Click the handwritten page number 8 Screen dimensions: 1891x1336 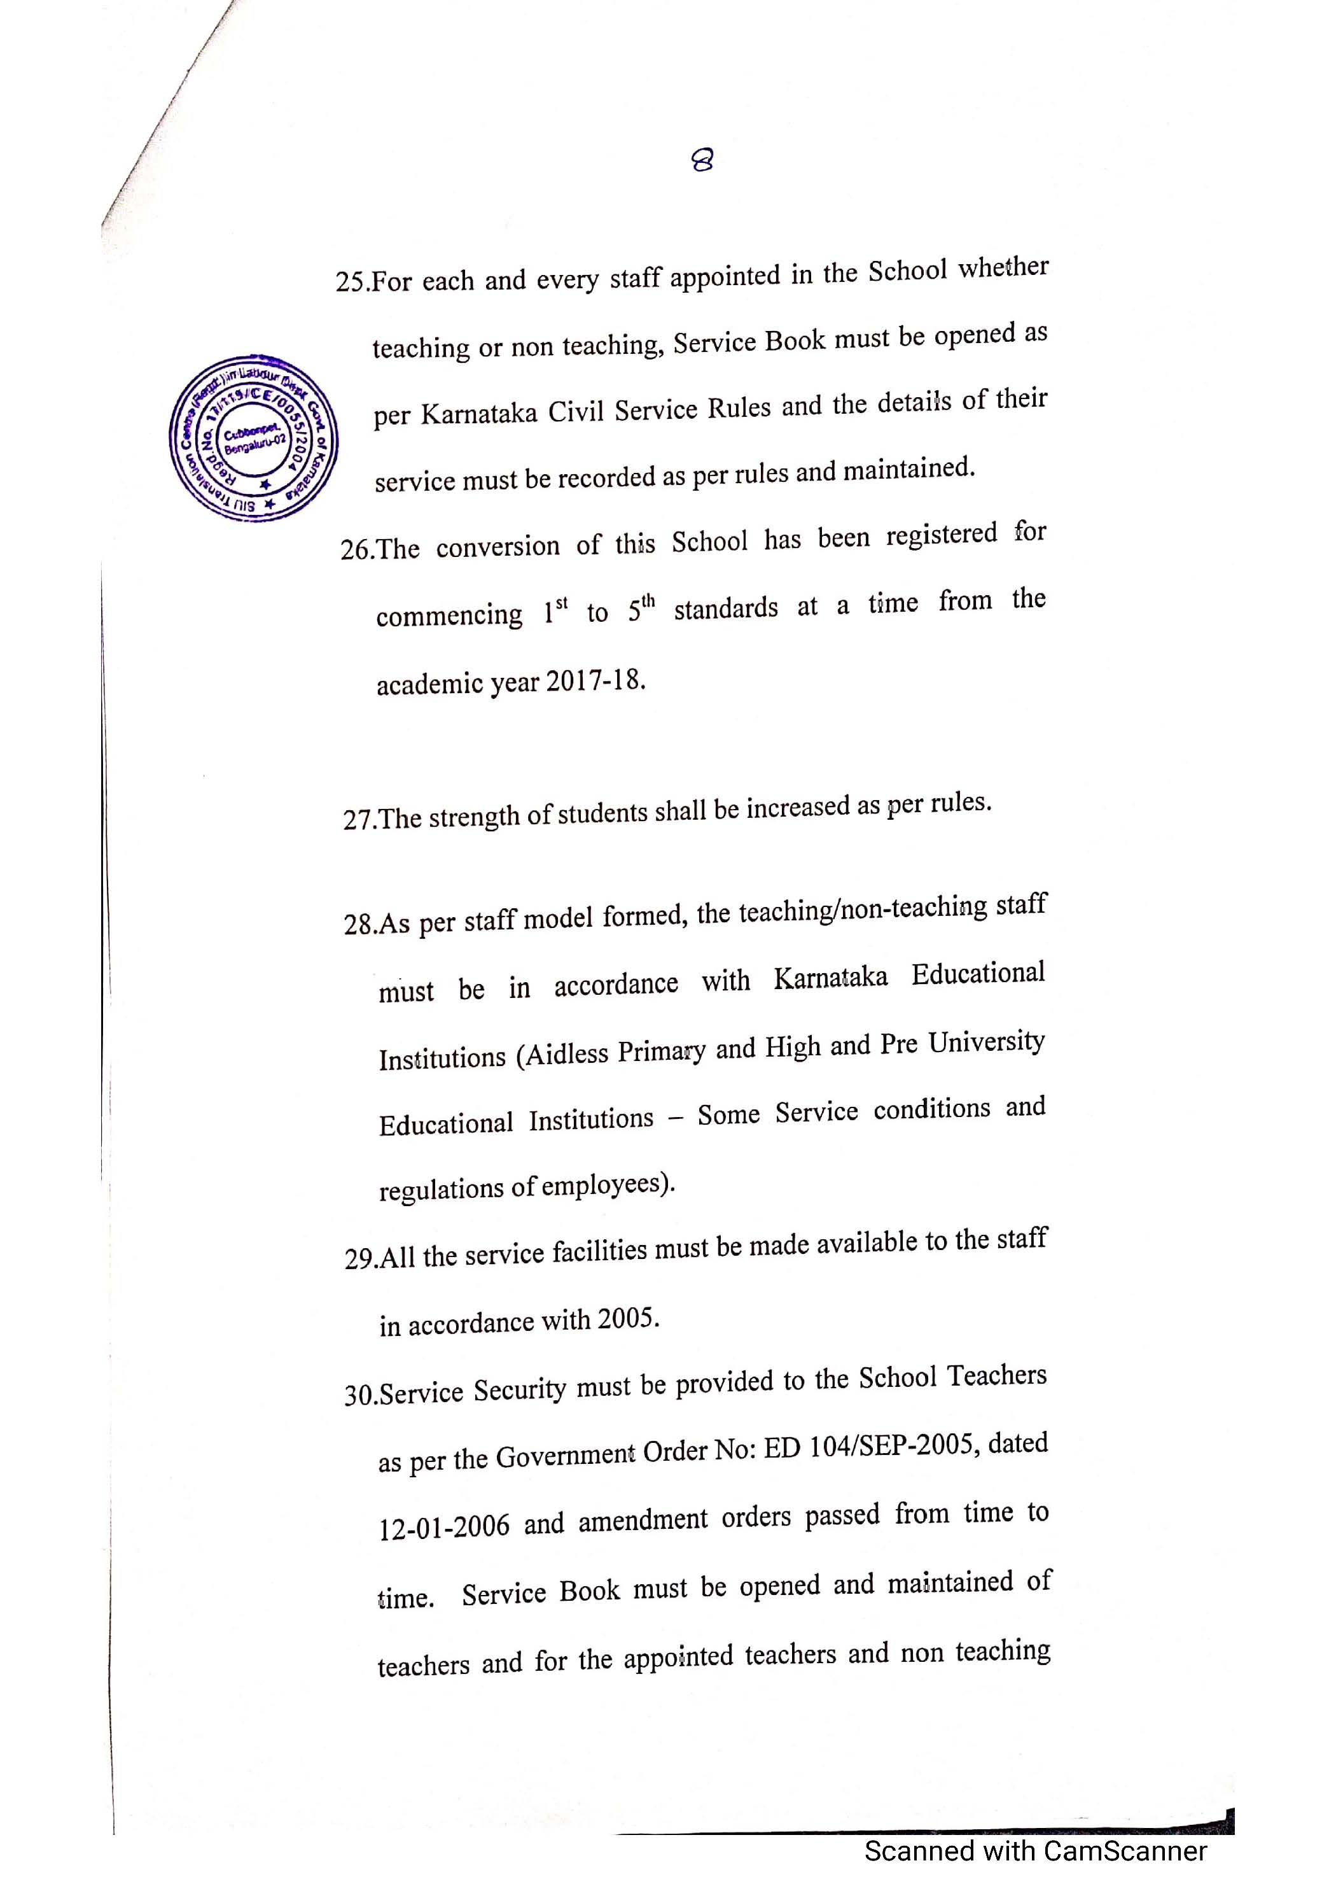point(702,159)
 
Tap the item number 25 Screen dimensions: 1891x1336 point(352,283)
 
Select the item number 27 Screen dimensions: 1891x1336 point(359,820)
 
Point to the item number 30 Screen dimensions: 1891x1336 point(361,1395)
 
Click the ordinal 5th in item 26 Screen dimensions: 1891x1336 point(641,608)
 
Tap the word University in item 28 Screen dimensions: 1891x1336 point(986,1043)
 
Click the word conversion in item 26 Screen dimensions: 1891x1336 point(498,546)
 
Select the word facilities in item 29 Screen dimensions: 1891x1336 point(600,1251)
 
